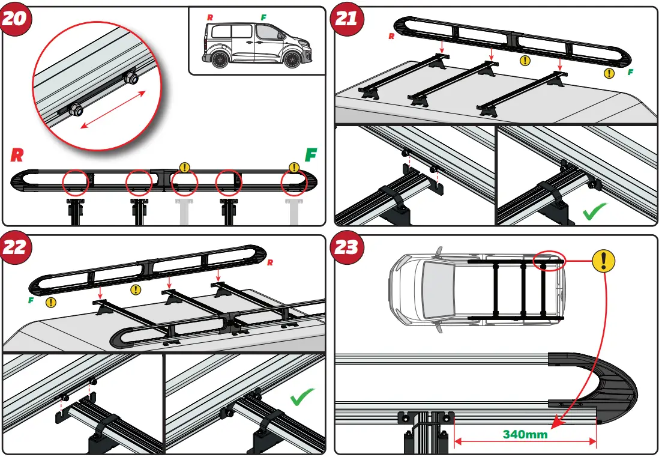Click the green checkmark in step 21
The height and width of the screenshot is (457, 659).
(594, 211)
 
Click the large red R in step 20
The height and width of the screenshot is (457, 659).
(17, 156)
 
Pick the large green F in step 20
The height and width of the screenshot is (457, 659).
(310, 155)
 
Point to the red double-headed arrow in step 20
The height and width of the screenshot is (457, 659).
(113, 109)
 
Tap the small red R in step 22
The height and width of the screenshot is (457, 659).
(269, 262)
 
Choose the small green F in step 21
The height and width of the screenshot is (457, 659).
(630, 72)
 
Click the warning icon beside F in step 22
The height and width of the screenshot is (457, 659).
(52, 302)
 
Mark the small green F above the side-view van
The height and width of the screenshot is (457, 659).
(263, 17)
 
